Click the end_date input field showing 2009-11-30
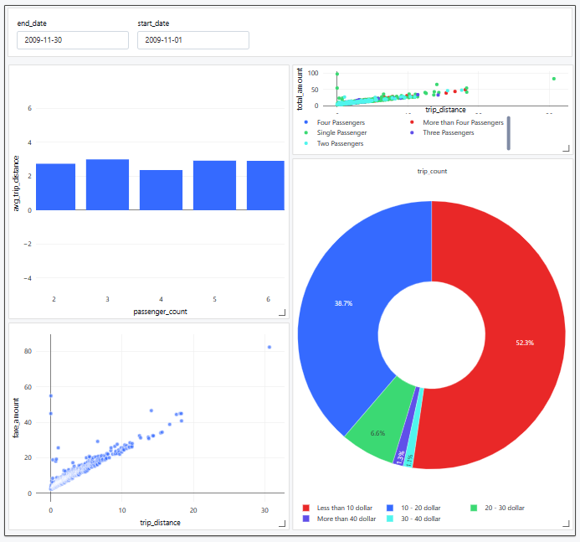click(x=72, y=40)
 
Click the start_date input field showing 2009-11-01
click(x=192, y=40)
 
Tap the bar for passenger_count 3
click(x=107, y=184)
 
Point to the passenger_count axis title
click(x=160, y=312)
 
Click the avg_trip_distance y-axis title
click(x=17, y=183)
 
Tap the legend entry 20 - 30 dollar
click(x=501, y=508)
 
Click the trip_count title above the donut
click(x=432, y=171)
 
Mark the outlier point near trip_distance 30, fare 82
click(x=269, y=347)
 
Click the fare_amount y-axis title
click(x=17, y=419)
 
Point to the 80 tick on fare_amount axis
click(x=28, y=351)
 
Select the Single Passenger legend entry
click(x=341, y=132)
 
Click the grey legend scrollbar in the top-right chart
click(x=508, y=133)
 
